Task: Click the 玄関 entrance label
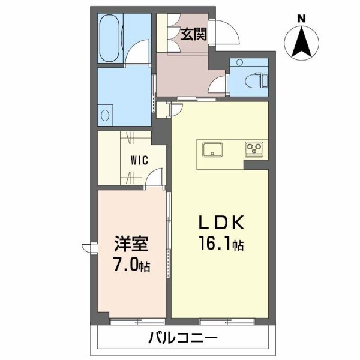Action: [194, 34]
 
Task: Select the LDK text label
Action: [223, 223]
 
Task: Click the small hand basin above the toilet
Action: [239, 62]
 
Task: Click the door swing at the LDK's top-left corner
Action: [175, 108]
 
